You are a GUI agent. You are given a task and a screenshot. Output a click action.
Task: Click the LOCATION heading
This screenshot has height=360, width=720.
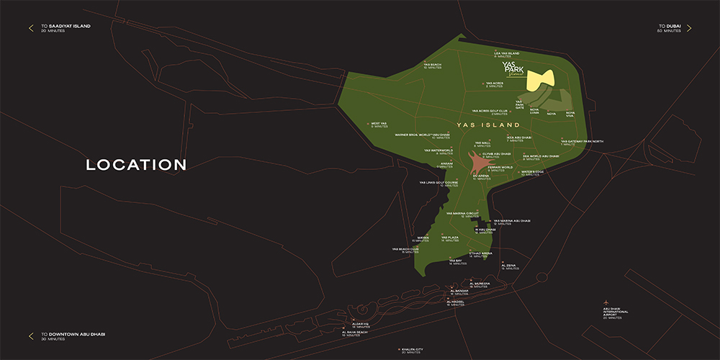pos(136,165)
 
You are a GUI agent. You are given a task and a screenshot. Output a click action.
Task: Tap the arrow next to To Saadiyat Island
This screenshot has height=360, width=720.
pos(31,28)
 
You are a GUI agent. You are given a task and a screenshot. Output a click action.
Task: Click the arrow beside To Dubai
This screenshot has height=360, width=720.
pos(688,28)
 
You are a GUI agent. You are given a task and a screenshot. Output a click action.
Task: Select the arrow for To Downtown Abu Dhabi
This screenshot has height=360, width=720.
pos(31,336)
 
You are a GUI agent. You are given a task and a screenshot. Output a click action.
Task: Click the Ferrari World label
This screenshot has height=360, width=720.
pos(499,168)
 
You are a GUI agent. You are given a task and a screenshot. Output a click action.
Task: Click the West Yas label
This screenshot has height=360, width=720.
pos(379,124)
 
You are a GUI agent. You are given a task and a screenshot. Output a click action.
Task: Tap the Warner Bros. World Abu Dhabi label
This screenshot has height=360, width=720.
pos(423,135)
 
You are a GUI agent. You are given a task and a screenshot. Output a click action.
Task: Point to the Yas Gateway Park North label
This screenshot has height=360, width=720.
pos(582,142)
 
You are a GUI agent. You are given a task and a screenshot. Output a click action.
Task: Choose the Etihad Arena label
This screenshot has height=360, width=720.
pos(480,254)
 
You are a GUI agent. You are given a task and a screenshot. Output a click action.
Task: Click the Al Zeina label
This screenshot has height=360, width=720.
pos(508,266)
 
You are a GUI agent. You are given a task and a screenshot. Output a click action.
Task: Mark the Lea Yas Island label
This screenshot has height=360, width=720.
pos(506,53)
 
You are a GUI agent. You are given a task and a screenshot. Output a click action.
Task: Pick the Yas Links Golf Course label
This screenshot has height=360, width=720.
pos(438,184)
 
